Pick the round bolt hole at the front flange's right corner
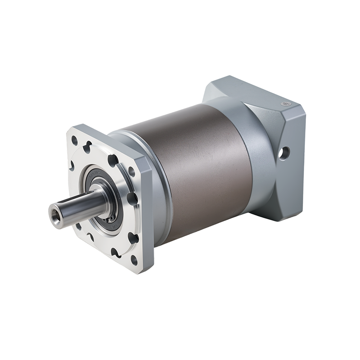click(131, 171)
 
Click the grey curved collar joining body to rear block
click(252, 148)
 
